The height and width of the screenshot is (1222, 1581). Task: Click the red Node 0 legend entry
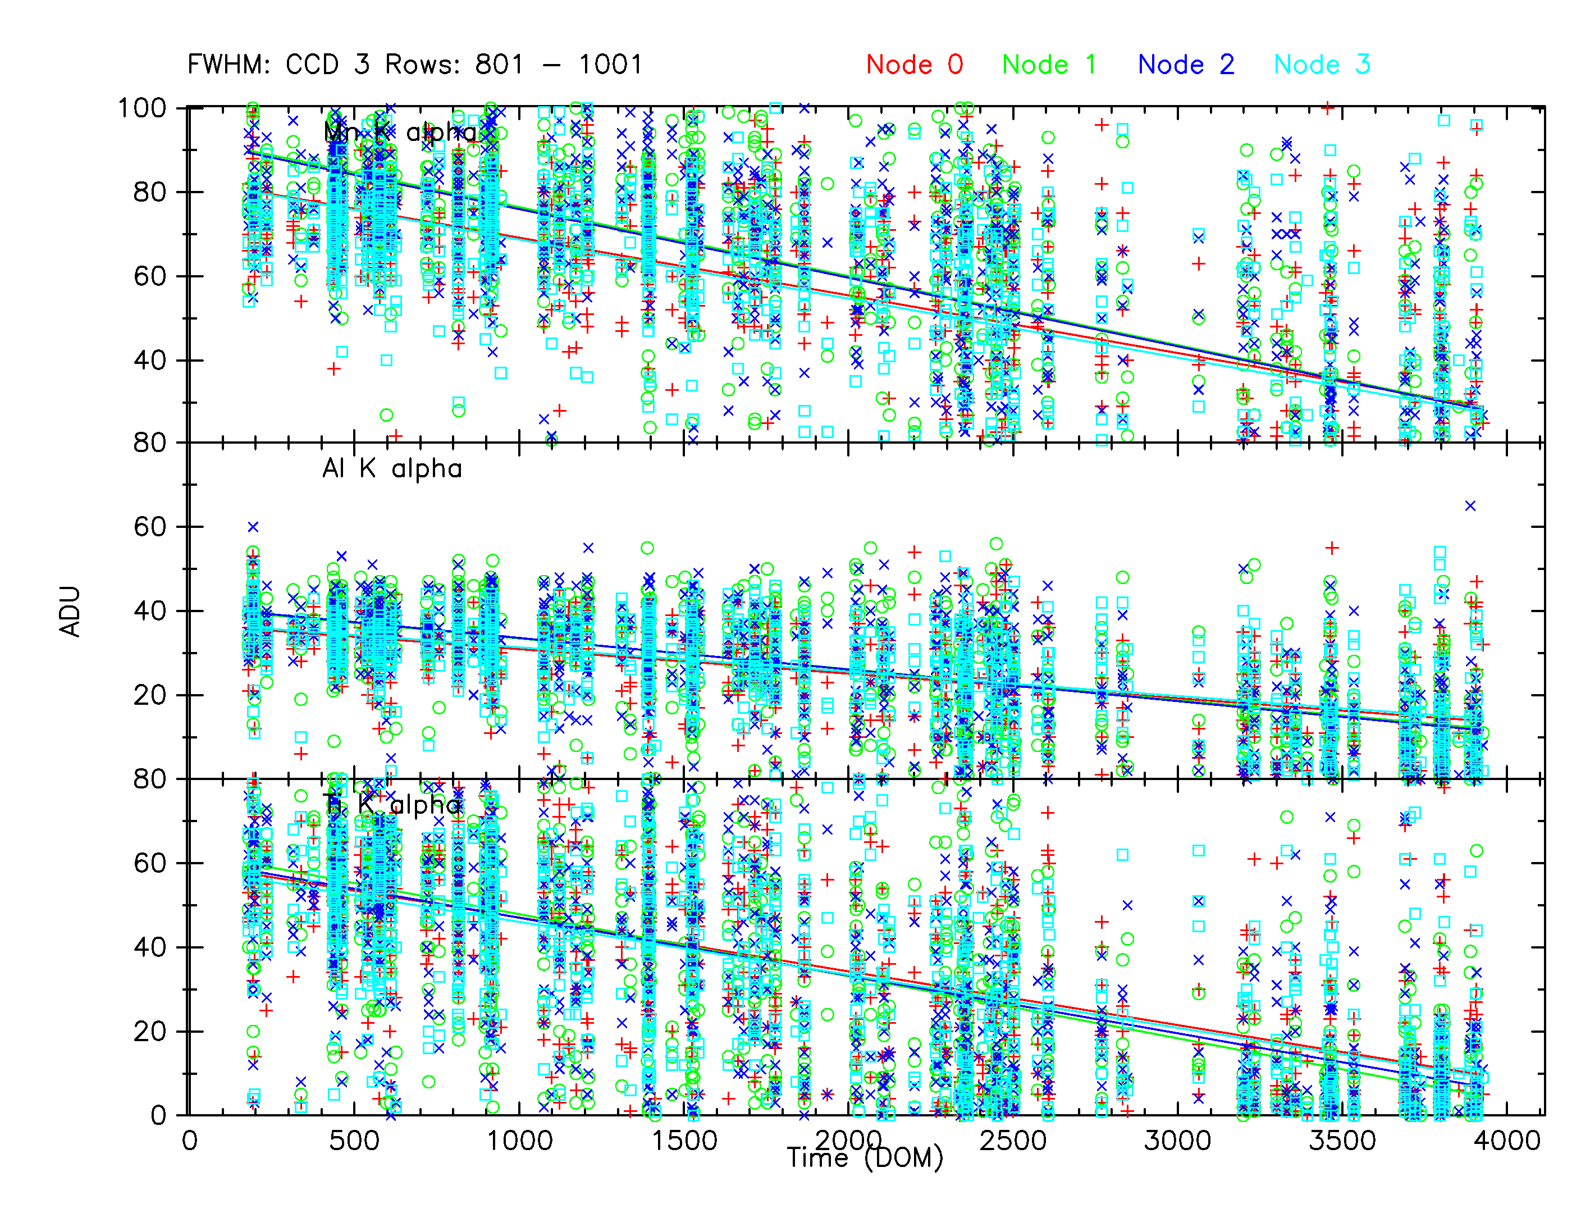[914, 65]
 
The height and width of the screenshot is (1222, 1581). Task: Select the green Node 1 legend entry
[1049, 65]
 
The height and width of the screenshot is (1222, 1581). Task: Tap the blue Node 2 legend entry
[1186, 65]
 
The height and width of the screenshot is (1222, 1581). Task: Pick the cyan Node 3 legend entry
[1322, 65]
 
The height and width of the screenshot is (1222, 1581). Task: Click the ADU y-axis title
[70, 612]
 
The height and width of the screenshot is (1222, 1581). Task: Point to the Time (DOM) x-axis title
[865, 1157]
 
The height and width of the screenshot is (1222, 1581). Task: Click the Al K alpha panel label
[392, 469]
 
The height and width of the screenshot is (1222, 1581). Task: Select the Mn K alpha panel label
[400, 132]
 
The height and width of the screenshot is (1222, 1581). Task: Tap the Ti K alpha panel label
[392, 804]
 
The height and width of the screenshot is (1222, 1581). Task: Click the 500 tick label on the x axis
[354, 1141]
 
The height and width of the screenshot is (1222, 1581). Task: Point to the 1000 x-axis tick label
[519, 1141]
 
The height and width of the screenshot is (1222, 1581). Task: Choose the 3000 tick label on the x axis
[1177, 1141]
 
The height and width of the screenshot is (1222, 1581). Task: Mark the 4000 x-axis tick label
[1507, 1141]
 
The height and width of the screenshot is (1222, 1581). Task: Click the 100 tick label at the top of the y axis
[142, 108]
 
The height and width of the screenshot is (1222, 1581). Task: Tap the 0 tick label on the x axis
[190, 1141]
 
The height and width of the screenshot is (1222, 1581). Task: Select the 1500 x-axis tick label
[684, 1141]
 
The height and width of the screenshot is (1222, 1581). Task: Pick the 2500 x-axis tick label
[1013, 1141]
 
